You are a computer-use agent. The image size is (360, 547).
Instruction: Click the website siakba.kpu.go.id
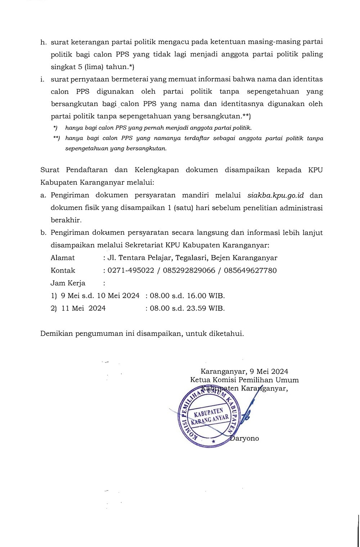(276, 196)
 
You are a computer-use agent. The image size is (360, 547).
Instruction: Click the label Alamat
(63, 258)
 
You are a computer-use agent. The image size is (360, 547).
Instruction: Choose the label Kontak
(63, 270)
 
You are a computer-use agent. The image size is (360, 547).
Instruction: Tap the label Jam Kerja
(68, 283)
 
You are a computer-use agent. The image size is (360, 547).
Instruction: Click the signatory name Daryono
(245, 439)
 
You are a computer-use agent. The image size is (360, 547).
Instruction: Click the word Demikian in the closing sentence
(57, 333)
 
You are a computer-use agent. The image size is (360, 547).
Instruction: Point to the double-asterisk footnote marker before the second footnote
(57, 138)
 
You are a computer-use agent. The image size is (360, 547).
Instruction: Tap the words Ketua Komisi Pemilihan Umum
(244, 380)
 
